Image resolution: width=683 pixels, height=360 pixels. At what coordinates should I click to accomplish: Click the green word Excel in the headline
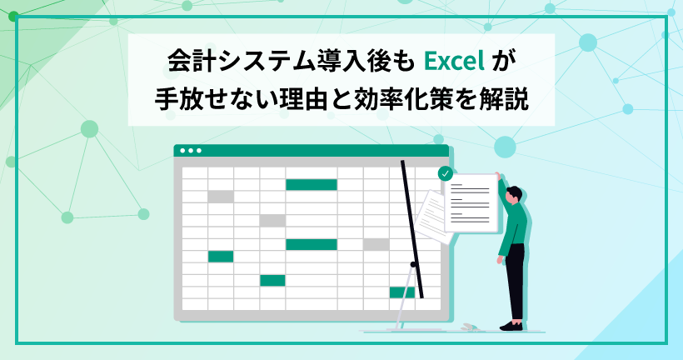[454, 62]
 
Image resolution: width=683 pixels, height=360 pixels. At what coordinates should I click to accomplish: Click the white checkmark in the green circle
[445, 173]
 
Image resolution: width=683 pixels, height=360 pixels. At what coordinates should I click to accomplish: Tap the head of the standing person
[514, 194]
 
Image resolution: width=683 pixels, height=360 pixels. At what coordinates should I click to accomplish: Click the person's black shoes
[511, 326]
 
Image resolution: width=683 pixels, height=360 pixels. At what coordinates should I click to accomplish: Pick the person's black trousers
[516, 282]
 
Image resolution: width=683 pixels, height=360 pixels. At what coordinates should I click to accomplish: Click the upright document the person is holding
[471, 202]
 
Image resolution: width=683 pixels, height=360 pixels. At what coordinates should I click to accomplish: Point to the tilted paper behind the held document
[431, 217]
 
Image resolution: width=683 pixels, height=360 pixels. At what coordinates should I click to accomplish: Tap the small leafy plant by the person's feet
[469, 327]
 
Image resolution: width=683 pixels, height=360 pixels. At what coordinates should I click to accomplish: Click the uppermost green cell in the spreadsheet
[312, 185]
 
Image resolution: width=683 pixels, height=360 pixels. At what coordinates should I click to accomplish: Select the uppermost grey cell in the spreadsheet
[221, 197]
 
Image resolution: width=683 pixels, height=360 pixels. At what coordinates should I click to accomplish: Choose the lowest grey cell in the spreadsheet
[376, 244]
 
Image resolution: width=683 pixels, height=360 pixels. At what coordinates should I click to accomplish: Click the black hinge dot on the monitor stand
[413, 264]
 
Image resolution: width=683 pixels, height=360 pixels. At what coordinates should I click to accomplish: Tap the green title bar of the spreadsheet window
[311, 151]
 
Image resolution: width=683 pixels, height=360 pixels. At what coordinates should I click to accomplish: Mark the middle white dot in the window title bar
[191, 151]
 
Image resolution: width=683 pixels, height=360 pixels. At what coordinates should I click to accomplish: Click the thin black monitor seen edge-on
[412, 229]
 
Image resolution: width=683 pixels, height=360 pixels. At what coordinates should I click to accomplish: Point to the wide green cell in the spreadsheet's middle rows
[312, 244]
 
